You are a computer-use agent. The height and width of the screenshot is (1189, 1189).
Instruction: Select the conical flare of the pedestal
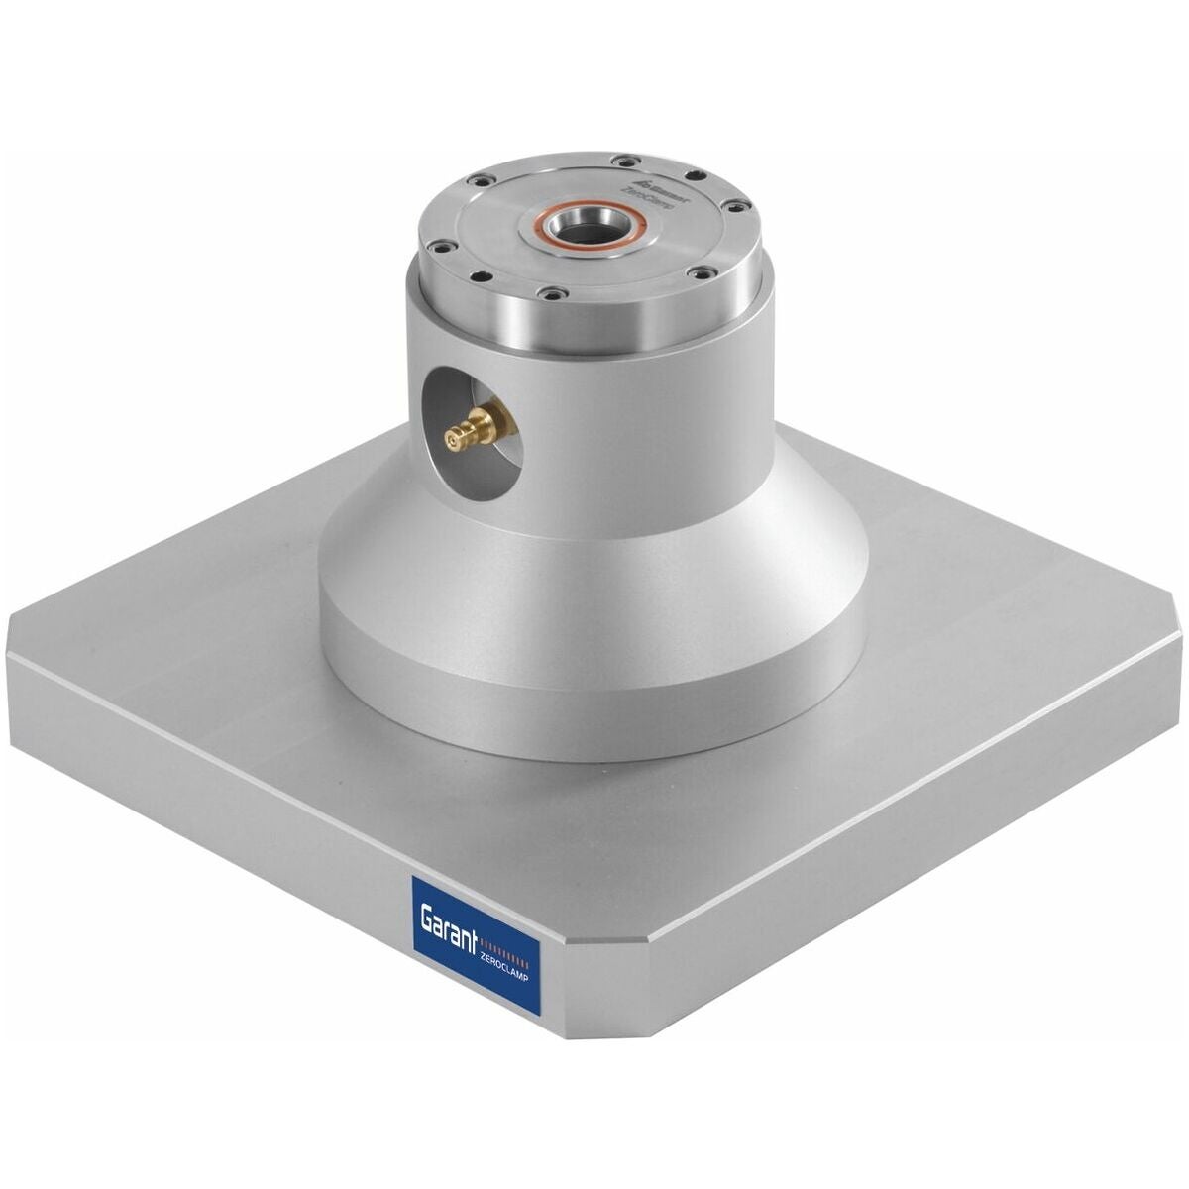click(x=594, y=555)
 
